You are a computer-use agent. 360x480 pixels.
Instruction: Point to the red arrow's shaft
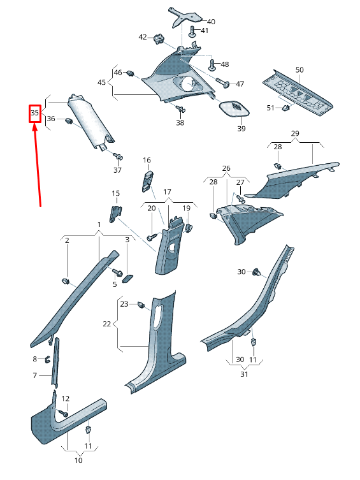(x=38, y=166)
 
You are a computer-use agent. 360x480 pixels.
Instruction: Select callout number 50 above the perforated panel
(x=299, y=69)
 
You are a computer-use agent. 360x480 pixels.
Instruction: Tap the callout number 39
(x=241, y=129)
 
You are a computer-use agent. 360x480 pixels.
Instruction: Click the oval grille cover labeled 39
(x=234, y=108)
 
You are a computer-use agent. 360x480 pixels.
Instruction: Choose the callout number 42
(x=143, y=37)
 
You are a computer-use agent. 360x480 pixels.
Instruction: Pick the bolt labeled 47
(x=224, y=83)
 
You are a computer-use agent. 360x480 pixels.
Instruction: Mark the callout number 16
(x=147, y=160)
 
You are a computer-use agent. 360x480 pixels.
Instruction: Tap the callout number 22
(x=107, y=324)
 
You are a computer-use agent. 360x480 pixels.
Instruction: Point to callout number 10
(x=78, y=460)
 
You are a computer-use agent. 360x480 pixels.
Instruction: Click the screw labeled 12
(x=63, y=413)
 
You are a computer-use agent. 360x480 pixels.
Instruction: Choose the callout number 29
(x=295, y=133)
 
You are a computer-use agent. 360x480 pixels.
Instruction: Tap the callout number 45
(x=102, y=83)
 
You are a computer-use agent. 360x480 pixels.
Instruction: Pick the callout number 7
(x=36, y=375)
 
